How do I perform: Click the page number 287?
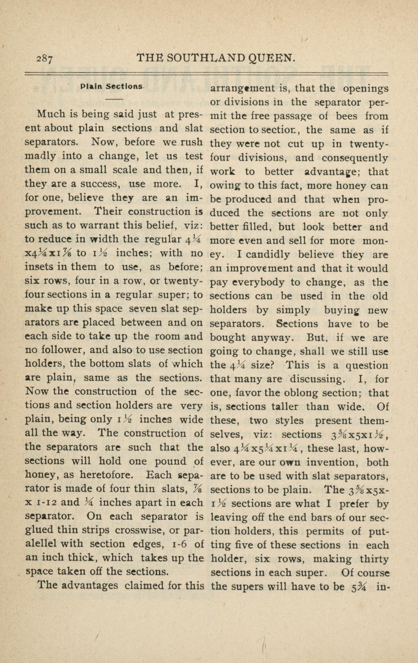click(44, 59)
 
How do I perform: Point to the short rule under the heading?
click(114, 99)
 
